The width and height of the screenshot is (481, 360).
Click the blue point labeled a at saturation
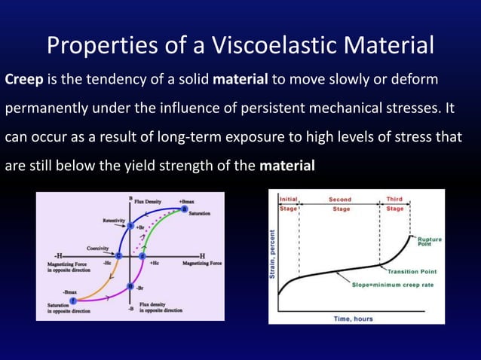(x=185, y=209)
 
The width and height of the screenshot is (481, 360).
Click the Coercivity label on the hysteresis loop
(x=97, y=247)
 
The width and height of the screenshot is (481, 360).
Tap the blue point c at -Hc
(x=118, y=256)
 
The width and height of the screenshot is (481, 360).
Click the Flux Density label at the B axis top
(x=149, y=201)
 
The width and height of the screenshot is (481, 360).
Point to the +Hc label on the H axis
(x=154, y=264)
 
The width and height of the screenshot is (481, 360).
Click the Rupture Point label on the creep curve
(x=430, y=242)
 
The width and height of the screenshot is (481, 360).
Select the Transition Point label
(x=413, y=271)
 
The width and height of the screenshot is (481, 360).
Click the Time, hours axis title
(x=353, y=318)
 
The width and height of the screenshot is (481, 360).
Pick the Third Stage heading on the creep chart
(x=394, y=204)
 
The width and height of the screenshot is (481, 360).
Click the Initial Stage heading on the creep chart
(x=289, y=204)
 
